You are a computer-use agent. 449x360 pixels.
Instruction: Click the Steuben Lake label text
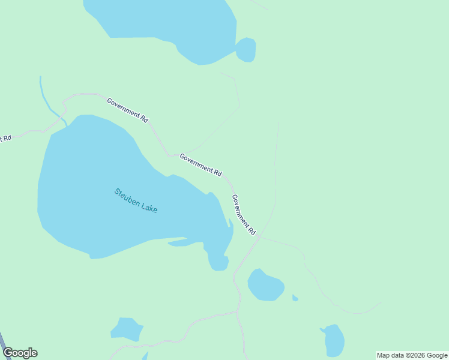tap(136, 201)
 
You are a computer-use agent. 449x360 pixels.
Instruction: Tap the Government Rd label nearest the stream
tap(127, 110)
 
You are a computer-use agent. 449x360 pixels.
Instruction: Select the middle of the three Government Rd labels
tap(200, 165)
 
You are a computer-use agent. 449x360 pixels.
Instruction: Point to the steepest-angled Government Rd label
tap(244, 214)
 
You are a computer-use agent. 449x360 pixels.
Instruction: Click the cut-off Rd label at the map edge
tap(5, 138)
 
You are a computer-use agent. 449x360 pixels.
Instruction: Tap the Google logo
tap(20, 353)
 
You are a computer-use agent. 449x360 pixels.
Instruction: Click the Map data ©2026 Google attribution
tap(412, 355)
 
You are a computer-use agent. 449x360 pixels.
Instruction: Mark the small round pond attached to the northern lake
tap(246, 50)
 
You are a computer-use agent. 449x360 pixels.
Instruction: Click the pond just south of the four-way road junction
tap(265, 285)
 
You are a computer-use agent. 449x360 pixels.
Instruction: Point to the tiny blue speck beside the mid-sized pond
tap(295, 298)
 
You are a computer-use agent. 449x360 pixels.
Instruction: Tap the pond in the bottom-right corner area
tap(334, 340)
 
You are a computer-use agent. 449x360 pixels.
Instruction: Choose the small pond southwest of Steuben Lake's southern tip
tap(126, 329)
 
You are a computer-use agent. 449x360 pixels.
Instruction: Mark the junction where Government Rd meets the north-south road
tap(258, 236)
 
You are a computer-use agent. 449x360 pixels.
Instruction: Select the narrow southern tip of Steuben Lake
tap(218, 262)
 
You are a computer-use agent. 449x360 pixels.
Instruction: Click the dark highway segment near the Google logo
tap(3, 339)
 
